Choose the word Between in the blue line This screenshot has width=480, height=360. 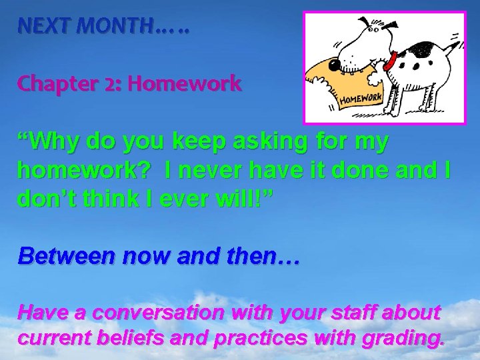(x=65, y=255)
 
